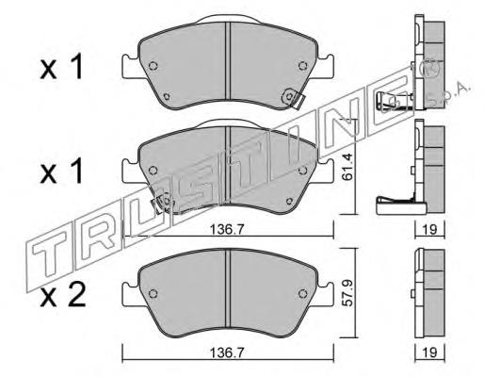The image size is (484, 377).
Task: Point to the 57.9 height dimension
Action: click(x=347, y=295)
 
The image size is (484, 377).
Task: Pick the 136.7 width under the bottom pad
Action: click(x=228, y=353)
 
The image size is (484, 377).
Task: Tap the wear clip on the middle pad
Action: click(x=163, y=202)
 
